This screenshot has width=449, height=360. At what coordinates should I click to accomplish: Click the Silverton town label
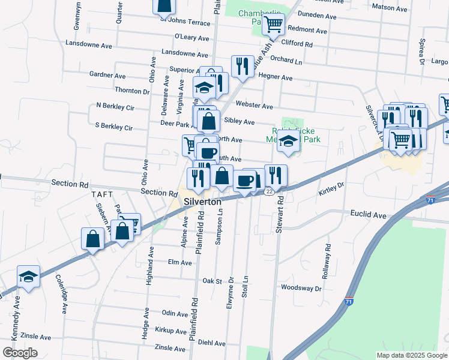click(x=203, y=202)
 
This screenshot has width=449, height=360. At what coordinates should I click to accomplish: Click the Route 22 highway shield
click(x=270, y=191)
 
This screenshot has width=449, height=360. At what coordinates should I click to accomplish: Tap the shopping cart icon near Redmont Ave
click(x=273, y=24)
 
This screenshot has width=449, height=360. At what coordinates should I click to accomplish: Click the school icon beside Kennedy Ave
click(x=28, y=276)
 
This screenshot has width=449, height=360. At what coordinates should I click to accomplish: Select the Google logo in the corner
click(x=20, y=352)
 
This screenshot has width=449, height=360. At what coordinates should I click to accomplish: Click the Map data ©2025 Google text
click(x=411, y=355)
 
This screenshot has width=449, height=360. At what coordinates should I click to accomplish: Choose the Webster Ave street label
click(x=255, y=106)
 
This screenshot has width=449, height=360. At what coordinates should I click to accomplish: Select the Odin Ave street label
click(x=175, y=313)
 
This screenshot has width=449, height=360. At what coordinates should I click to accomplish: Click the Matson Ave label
click(x=390, y=8)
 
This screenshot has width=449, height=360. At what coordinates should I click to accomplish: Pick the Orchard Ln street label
click(x=286, y=61)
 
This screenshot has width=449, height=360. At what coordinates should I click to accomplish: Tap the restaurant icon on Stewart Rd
click(x=276, y=175)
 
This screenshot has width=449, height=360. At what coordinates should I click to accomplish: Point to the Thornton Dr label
click(x=131, y=91)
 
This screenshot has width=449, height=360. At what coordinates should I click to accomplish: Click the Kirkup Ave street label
click(x=170, y=331)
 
